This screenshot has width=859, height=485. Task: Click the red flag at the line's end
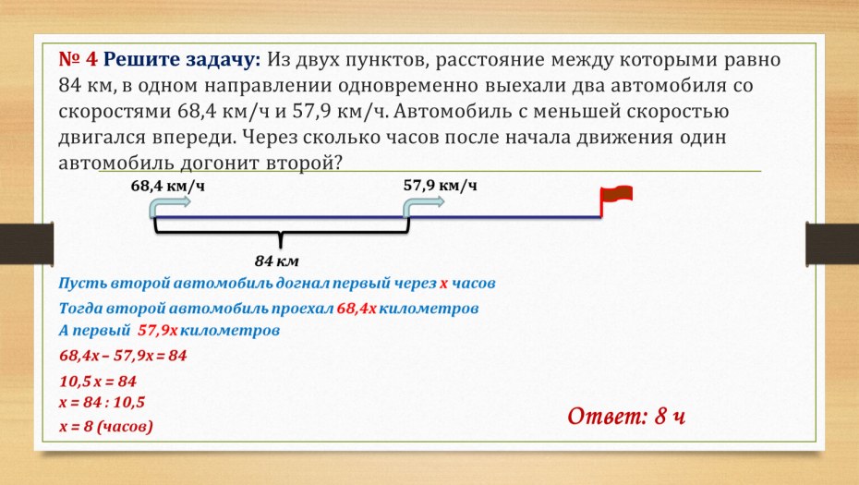tap(617, 195)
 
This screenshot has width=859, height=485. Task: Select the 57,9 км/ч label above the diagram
tap(440, 185)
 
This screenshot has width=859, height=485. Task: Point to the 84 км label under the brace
tap(277, 261)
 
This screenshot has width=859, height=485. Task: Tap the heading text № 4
tap(78, 60)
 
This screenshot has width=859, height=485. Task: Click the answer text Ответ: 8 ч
tap(625, 415)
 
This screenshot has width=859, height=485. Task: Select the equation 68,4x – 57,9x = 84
tap(123, 356)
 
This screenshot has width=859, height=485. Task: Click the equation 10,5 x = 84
tap(97, 381)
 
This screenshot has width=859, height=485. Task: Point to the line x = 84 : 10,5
tap(102, 403)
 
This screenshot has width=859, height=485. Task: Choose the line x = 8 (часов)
tap(105, 427)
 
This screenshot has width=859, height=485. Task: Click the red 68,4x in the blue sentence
tap(357, 308)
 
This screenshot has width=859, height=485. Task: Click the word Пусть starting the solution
tap(81, 283)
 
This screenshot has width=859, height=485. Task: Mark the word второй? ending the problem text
tap(307, 162)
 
